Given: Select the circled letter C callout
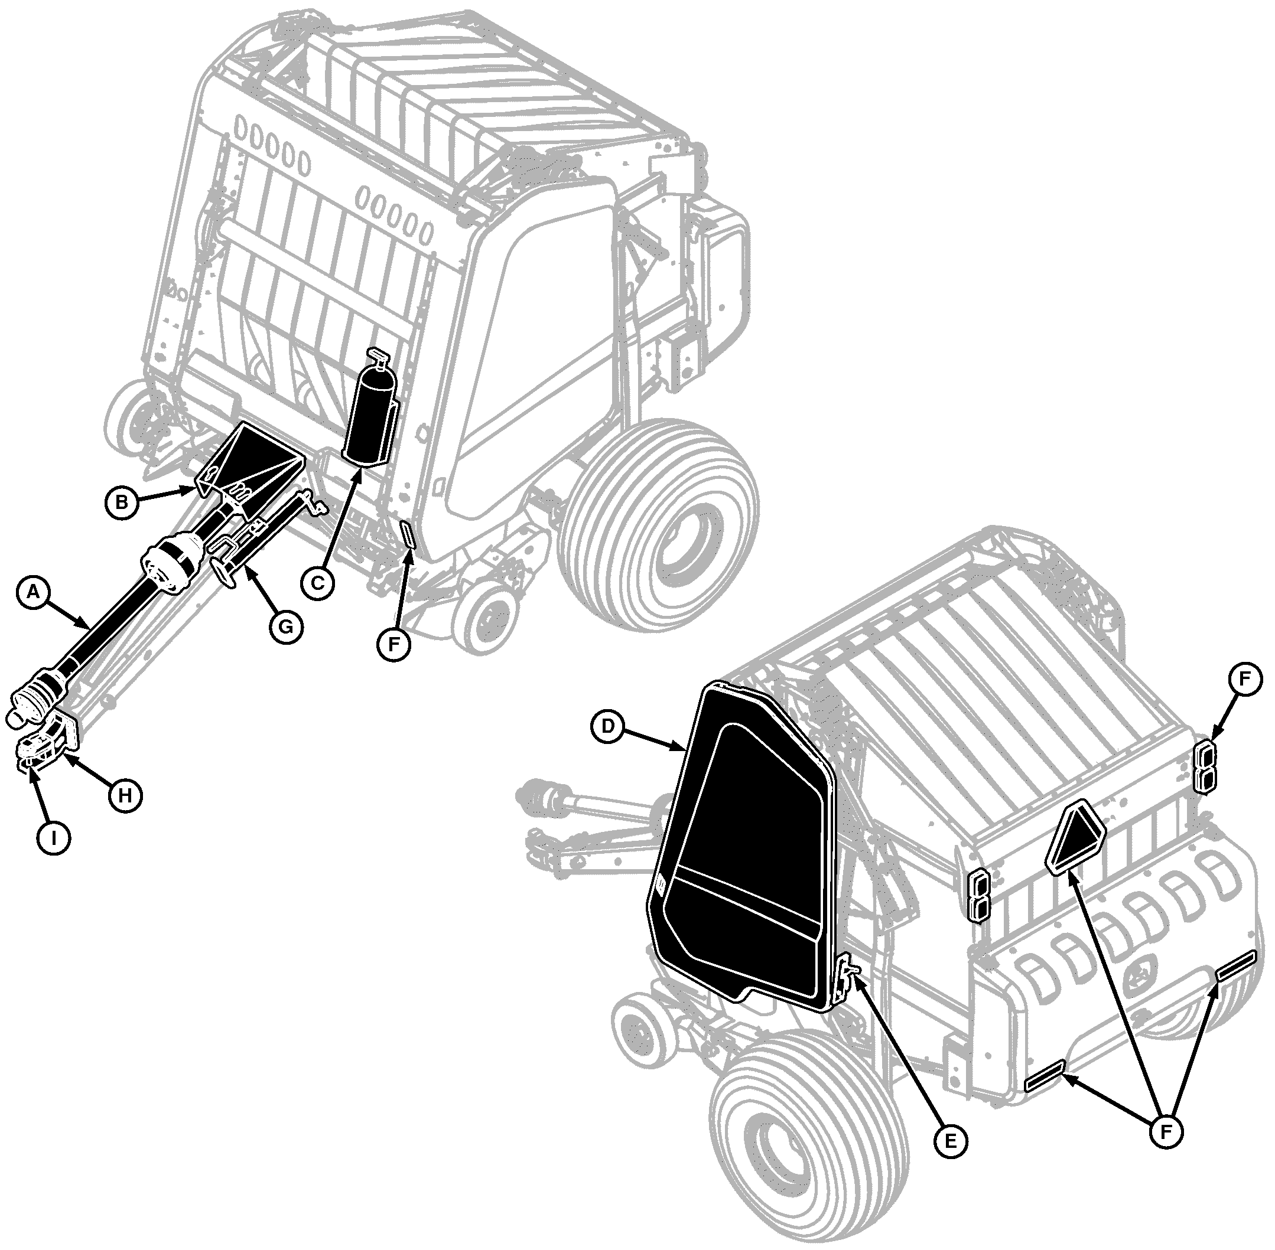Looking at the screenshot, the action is click(317, 582).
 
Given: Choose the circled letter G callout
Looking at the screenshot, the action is click(287, 627).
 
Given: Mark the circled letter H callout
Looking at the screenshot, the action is click(125, 796).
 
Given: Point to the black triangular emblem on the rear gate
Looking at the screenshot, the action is click(1075, 837).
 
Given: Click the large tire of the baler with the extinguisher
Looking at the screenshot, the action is click(657, 525).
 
